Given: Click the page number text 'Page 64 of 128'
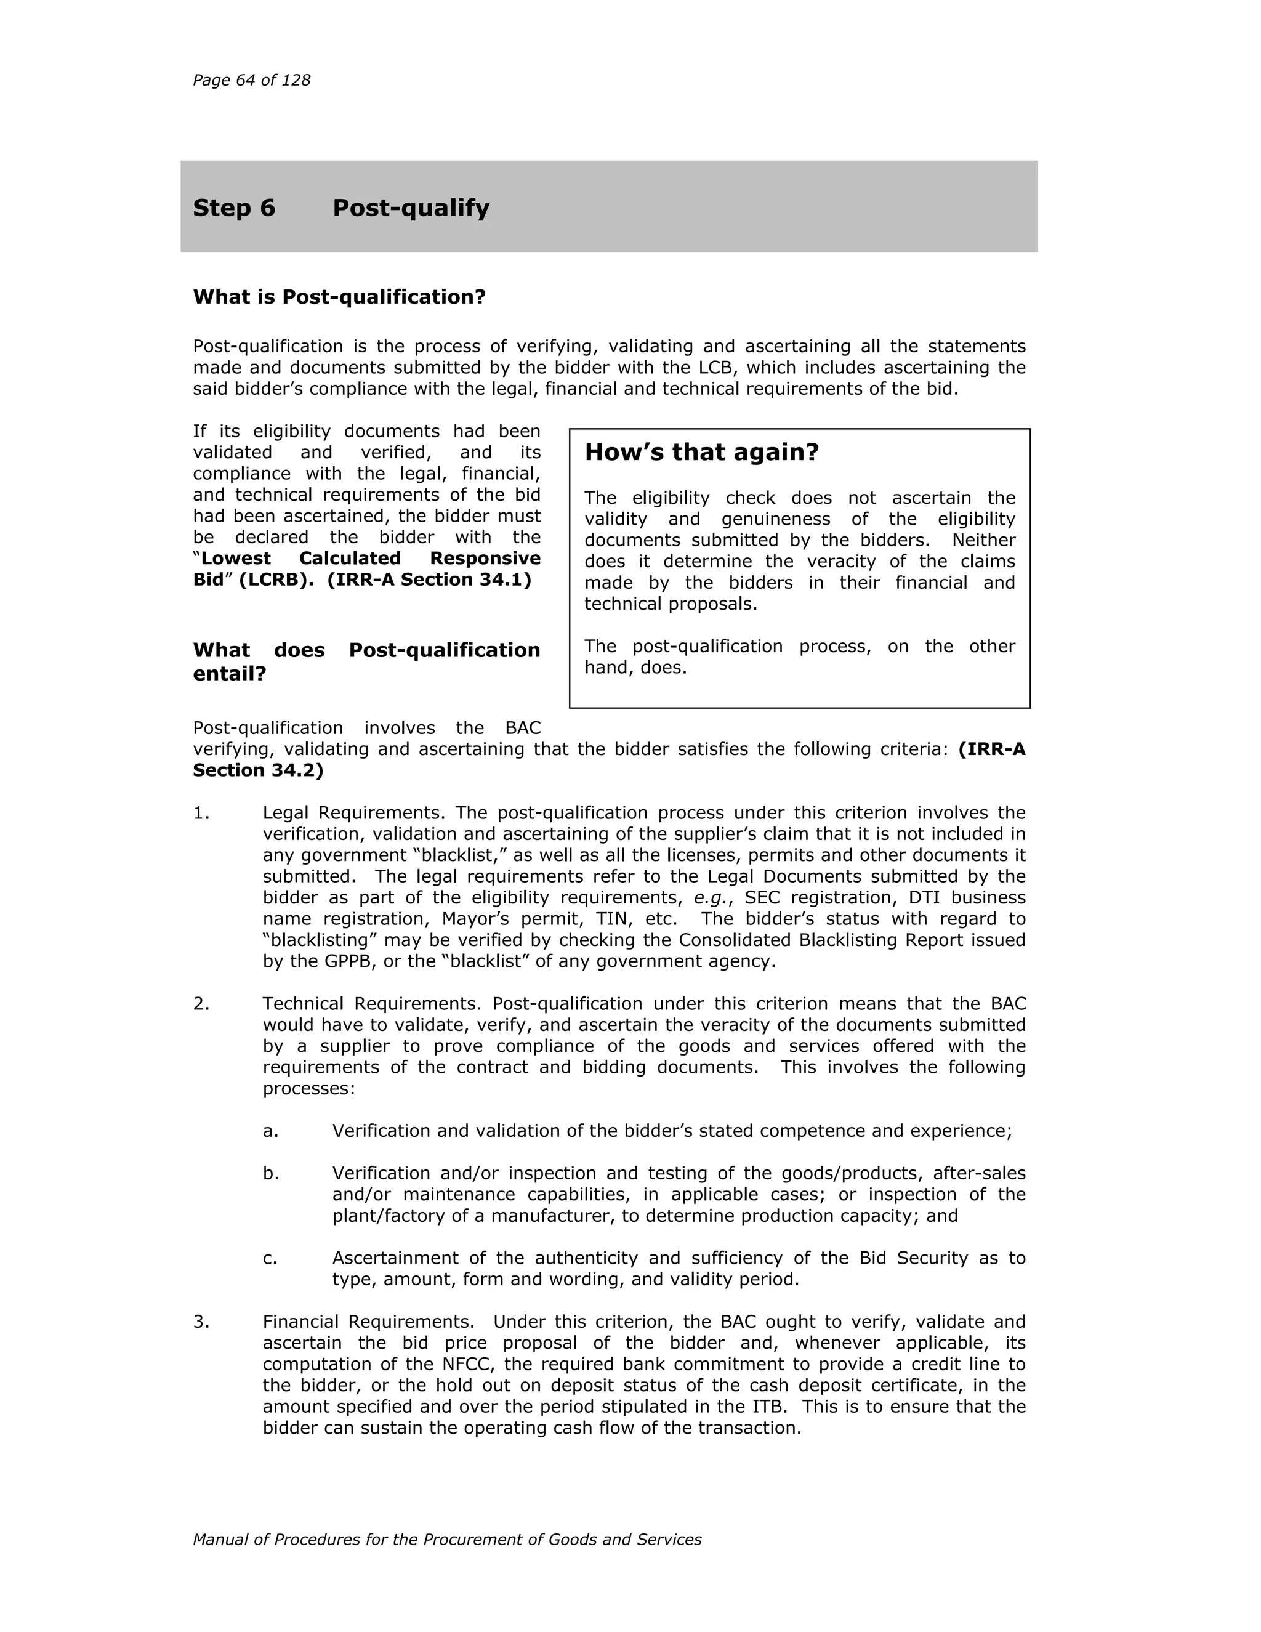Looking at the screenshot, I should click(251, 80).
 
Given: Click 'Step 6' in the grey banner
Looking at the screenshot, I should click(234, 208).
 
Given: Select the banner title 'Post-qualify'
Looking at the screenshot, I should click(411, 208).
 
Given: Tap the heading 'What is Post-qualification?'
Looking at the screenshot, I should click(339, 297).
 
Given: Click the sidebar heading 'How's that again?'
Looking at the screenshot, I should click(701, 452).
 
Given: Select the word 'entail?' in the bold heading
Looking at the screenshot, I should click(229, 674).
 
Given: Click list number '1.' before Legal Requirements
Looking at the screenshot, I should click(201, 813).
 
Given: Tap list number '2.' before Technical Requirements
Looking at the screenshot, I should click(201, 1004).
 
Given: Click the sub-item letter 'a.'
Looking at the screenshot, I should click(270, 1131).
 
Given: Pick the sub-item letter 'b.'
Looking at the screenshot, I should click(270, 1174).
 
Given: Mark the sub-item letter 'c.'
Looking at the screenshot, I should click(270, 1258).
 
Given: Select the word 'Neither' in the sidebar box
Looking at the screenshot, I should click(983, 540).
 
